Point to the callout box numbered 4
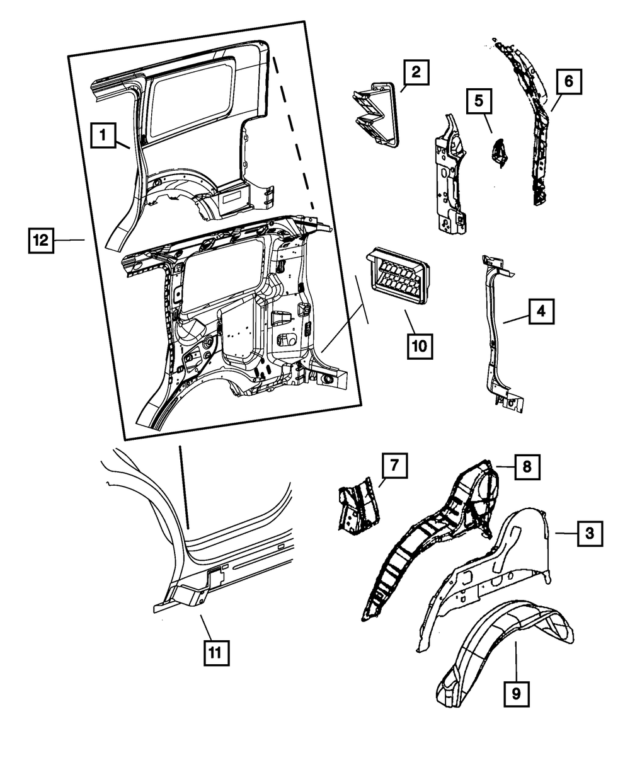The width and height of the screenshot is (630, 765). tap(541, 311)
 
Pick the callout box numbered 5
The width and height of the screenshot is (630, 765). tap(479, 100)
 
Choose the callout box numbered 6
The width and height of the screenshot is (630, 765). tap(568, 81)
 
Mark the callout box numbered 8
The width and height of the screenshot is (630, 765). tap(527, 467)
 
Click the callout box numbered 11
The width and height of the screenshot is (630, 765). tap(215, 653)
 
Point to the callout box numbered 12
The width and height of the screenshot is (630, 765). tap(40, 241)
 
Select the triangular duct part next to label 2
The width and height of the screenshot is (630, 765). tap(374, 112)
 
